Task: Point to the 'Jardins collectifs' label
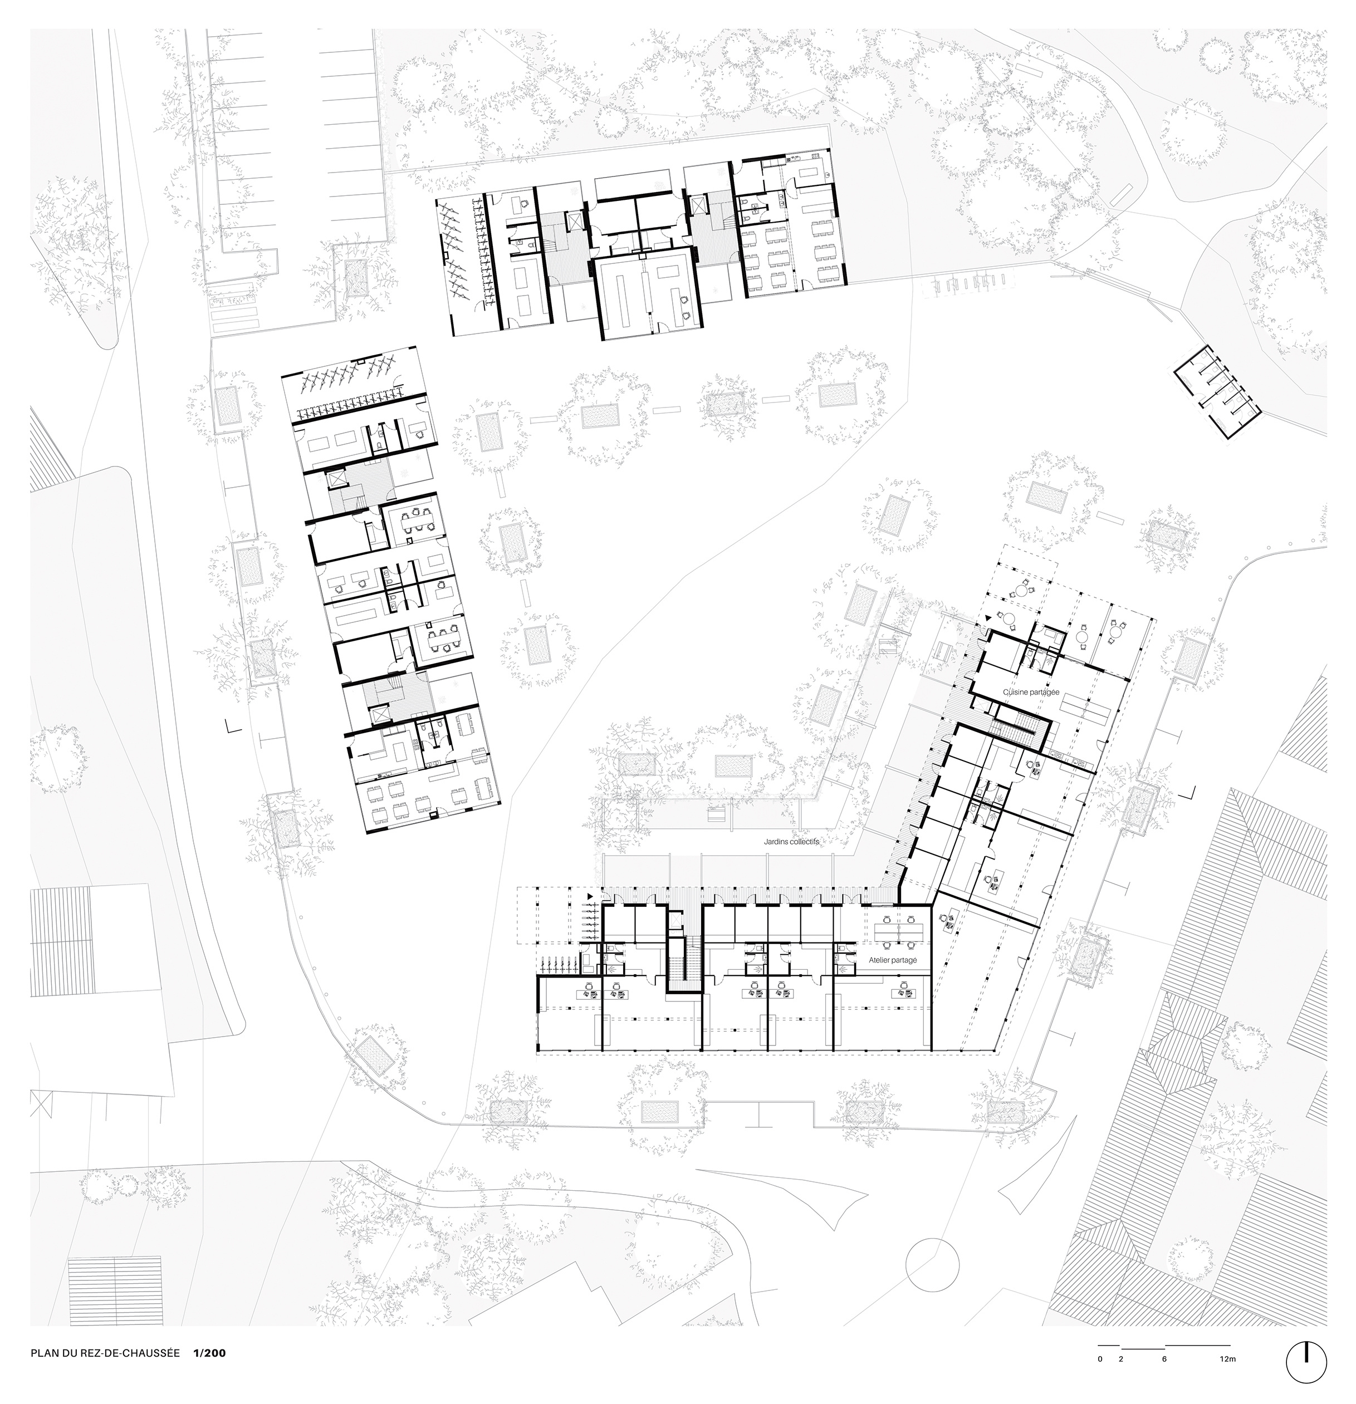tap(791, 843)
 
